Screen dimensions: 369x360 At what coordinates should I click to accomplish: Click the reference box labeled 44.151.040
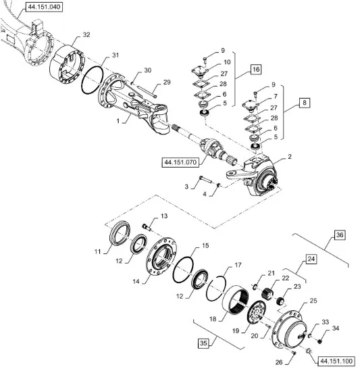(x=44, y=7)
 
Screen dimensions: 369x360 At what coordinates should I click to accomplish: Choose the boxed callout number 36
(x=339, y=236)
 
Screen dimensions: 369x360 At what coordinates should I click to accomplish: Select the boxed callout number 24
(x=310, y=258)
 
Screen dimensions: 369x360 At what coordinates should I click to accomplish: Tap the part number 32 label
(x=86, y=34)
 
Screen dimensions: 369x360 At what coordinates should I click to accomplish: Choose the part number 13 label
(x=164, y=216)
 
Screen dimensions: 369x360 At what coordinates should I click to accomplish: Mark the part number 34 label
(x=326, y=330)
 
